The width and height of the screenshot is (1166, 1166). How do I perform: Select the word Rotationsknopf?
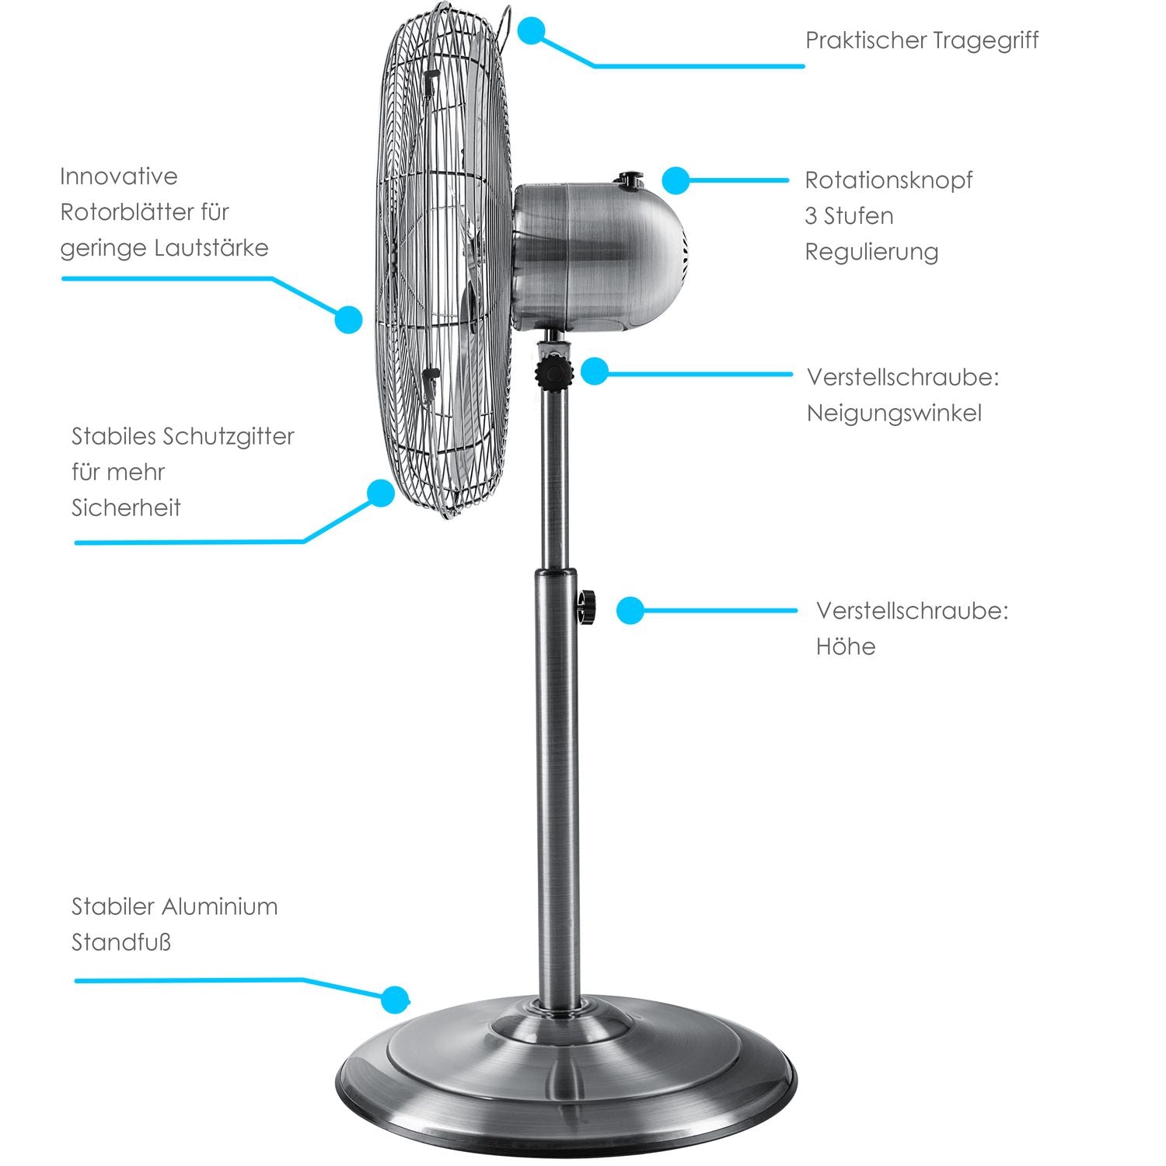click(888, 180)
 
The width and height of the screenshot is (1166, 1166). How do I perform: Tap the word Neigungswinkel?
click(894, 413)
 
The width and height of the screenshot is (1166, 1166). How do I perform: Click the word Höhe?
click(846, 646)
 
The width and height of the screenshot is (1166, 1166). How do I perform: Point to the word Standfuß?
click(121, 942)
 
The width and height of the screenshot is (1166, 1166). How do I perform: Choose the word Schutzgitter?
click(228, 437)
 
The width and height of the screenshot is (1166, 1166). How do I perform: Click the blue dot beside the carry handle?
click(531, 31)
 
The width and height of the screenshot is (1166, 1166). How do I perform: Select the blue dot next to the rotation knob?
click(676, 180)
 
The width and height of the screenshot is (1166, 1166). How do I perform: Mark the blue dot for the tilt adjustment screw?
click(594, 371)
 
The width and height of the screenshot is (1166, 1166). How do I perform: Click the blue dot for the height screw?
click(630, 610)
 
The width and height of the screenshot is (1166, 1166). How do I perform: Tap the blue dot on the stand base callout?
click(396, 1000)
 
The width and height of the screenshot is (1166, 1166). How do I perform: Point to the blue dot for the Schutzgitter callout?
click(381, 493)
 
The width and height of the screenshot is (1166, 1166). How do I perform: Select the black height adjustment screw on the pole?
click(587, 606)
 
